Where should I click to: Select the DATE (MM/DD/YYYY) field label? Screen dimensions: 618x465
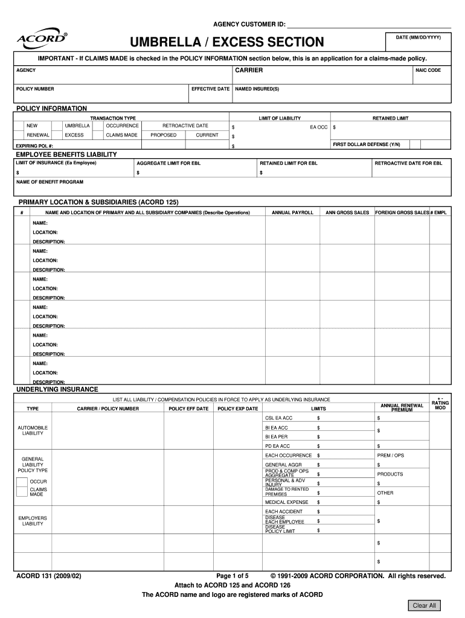(418, 37)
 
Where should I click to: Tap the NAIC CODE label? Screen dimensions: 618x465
(428, 71)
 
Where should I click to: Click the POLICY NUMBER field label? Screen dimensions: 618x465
(35, 89)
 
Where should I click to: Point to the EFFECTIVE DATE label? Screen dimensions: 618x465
(210, 89)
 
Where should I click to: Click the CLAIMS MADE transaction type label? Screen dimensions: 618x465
(121, 135)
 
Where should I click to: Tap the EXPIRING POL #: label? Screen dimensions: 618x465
(34, 146)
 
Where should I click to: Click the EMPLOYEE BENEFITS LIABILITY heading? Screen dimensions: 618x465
(66, 154)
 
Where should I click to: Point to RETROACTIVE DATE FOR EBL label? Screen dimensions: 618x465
(408, 163)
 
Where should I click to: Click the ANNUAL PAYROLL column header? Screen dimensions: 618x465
(292, 213)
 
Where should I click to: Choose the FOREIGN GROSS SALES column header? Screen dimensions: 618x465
(402, 213)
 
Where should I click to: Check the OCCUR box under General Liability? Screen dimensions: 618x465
(22, 482)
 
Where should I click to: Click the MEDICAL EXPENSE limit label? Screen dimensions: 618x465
(286, 502)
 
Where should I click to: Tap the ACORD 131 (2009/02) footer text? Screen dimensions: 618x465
(48, 576)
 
